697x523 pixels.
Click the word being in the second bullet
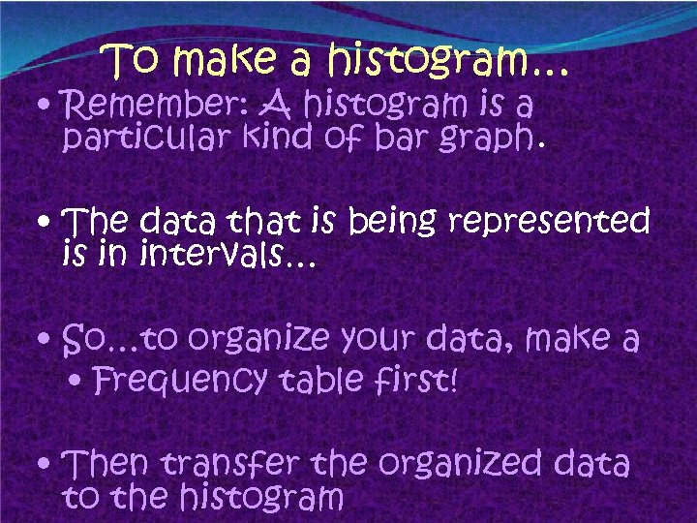coord(393,224)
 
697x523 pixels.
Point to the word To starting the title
coord(136,62)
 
